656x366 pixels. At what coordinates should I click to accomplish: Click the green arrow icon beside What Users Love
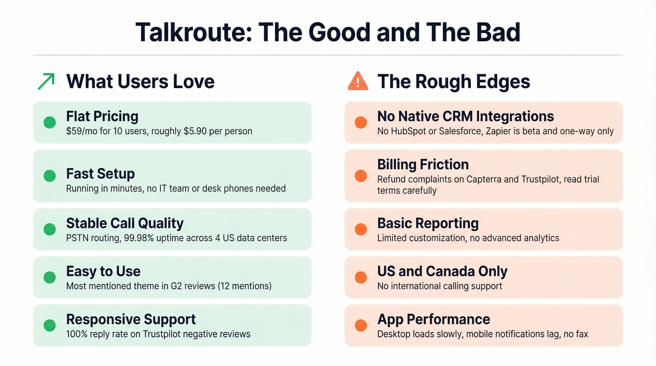[x=46, y=81]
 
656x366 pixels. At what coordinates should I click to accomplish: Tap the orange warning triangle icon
[x=358, y=81]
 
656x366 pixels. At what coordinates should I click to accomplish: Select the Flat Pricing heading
[x=102, y=116]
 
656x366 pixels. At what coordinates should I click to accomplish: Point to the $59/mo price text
[x=82, y=131]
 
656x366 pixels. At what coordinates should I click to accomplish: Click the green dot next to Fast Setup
[x=49, y=176]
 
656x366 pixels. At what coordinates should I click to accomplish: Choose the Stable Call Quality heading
[x=125, y=223]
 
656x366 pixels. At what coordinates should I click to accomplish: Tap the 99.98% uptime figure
[x=140, y=238]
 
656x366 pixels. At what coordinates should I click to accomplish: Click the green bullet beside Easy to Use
[x=49, y=277]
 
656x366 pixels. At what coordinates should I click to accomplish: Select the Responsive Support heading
[x=131, y=320]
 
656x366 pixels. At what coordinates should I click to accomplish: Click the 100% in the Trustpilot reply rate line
[x=76, y=334]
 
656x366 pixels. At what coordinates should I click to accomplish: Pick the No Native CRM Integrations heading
[x=465, y=116]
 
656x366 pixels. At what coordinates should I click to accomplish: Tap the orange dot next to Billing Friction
[x=360, y=176]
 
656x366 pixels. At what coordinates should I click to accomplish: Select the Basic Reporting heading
[x=428, y=223]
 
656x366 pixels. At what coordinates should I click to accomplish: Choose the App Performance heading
[x=433, y=320]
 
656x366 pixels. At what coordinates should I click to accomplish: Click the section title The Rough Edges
[x=453, y=82]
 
